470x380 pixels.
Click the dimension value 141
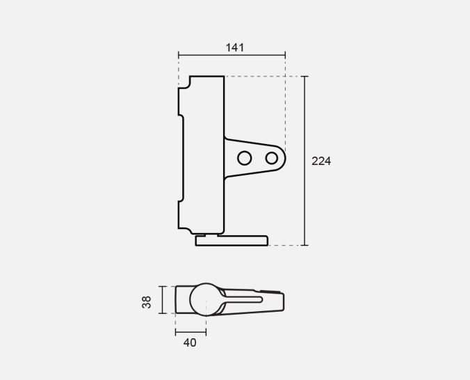[235, 47]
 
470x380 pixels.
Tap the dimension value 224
[321, 161]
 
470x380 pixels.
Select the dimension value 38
[147, 302]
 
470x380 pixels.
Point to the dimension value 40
[190, 342]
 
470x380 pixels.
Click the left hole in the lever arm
[244, 158]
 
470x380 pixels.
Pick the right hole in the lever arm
[272, 158]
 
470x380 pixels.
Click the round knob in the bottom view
[206, 299]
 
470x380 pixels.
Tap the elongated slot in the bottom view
[243, 299]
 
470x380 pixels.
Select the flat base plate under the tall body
[232, 241]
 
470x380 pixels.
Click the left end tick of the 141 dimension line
[179, 55]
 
